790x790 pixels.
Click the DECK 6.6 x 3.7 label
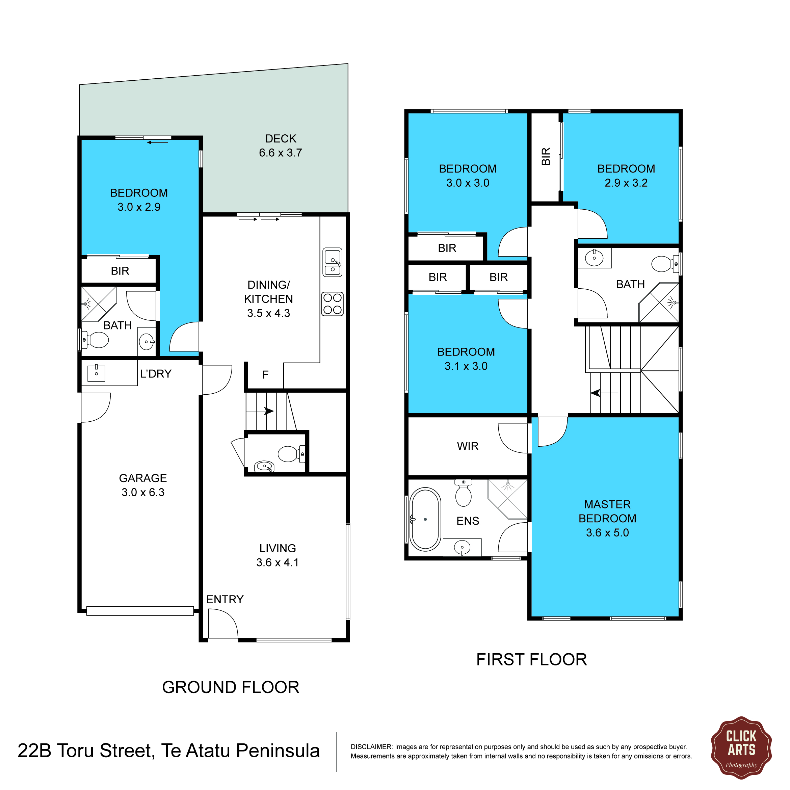pyautogui.click(x=281, y=146)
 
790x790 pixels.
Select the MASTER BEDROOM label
pyautogui.click(x=607, y=518)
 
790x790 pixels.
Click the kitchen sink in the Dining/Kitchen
pyautogui.click(x=333, y=262)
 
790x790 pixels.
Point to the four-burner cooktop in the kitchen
pyautogui.click(x=333, y=304)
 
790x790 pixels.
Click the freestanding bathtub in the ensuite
pyautogui.click(x=425, y=519)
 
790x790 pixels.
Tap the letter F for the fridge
pyautogui.click(x=265, y=374)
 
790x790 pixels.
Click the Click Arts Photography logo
pyautogui.click(x=741, y=748)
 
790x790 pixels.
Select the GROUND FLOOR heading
pyautogui.click(x=231, y=687)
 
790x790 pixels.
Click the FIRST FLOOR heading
pyautogui.click(x=532, y=660)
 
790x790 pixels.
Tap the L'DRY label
pyautogui.click(x=156, y=374)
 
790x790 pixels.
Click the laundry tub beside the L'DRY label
pyautogui.click(x=97, y=373)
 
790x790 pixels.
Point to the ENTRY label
pyautogui.click(x=225, y=600)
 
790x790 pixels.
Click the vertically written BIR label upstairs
pyautogui.click(x=546, y=157)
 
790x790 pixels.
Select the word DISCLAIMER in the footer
pyautogui.click(x=371, y=747)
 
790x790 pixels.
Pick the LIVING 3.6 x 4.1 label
pyautogui.click(x=277, y=555)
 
